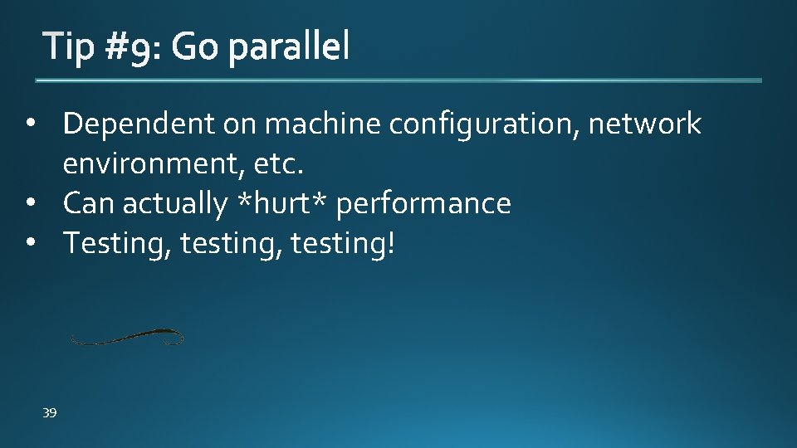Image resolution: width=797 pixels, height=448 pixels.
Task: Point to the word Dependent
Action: coord(139,124)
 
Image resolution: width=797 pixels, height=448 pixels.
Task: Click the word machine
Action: coord(323,124)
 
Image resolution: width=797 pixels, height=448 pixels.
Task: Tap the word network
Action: coord(645,124)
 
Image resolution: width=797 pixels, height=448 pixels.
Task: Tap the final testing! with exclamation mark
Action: coord(344,245)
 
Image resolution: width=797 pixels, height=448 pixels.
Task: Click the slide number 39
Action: coord(50,412)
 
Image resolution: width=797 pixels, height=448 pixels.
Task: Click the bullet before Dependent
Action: coord(32,124)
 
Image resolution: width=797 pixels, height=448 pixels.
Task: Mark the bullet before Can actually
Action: coord(32,203)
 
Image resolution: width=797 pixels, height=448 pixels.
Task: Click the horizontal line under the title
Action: coord(398,80)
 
